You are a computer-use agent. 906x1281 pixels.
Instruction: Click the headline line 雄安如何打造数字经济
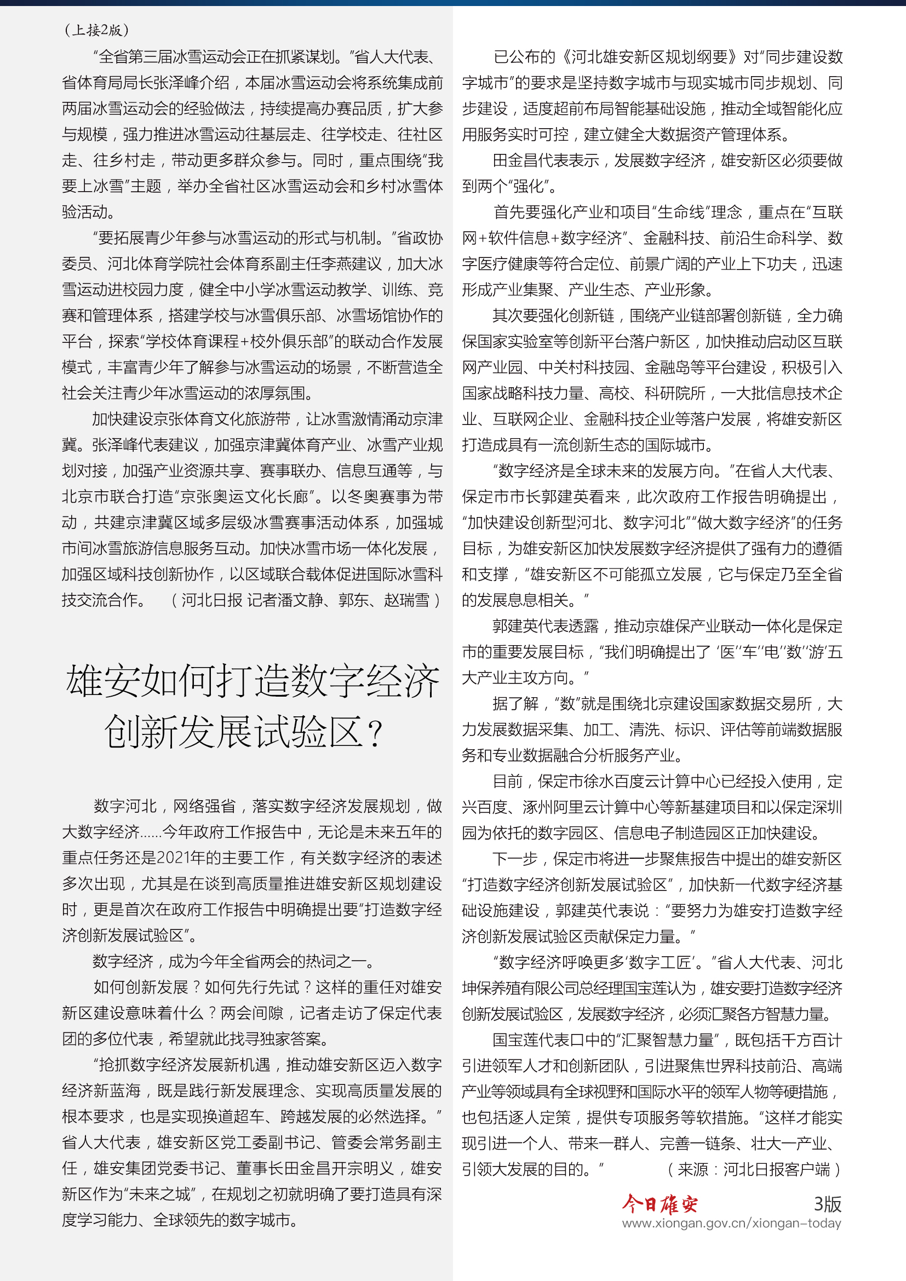pos(252,681)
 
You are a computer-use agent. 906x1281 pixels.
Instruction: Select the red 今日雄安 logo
pos(660,1204)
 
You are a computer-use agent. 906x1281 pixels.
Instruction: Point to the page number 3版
pos(827,1204)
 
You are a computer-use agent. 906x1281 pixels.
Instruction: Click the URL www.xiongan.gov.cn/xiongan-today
pos(731,1223)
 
